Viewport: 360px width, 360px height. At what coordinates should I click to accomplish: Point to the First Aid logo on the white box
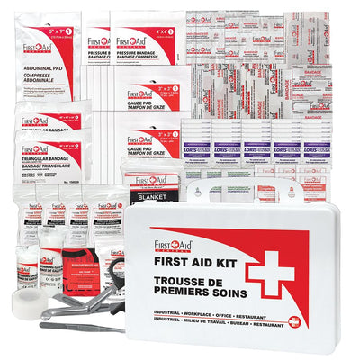(173, 243)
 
